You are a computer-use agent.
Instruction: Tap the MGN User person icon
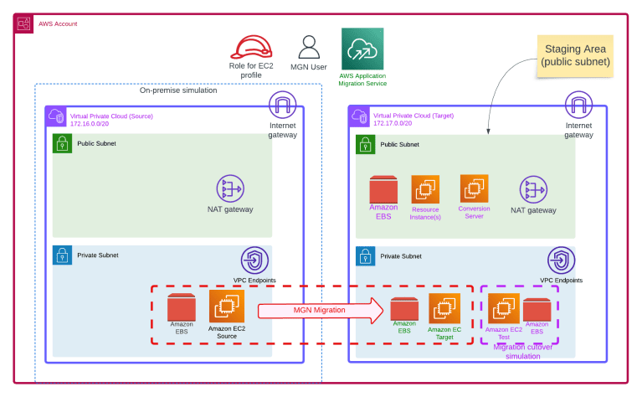(x=308, y=47)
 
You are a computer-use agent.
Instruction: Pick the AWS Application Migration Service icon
(x=362, y=49)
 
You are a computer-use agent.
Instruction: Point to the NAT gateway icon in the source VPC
(x=229, y=188)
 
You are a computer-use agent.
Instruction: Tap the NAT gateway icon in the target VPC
(x=532, y=188)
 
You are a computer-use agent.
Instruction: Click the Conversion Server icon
(x=474, y=188)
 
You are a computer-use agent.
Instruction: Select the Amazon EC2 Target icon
(x=444, y=308)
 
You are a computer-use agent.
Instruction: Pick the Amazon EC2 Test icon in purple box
(x=502, y=309)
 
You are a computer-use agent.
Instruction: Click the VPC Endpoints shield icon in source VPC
(x=254, y=260)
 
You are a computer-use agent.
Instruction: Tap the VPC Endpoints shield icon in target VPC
(x=561, y=260)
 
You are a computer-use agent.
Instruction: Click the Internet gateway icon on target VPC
(x=578, y=106)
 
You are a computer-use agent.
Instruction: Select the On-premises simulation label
(x=177, y=90)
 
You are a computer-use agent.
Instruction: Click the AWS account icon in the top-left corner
(x=24, y=23)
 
